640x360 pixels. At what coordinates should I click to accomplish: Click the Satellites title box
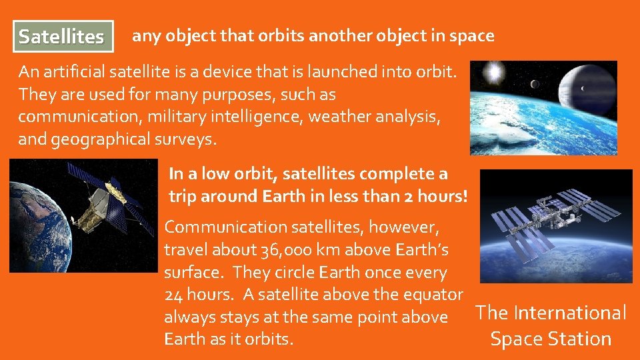pos(62,36)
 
